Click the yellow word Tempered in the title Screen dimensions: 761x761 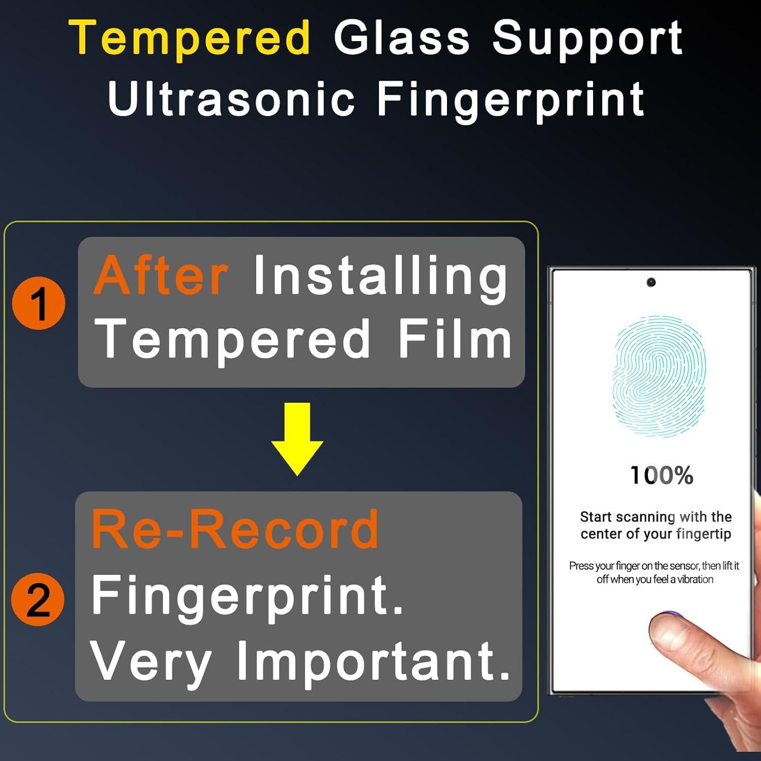[x=190, y=38]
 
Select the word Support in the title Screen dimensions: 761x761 [x=587, y=41]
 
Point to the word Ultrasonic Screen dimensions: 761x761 [x=231, y=98]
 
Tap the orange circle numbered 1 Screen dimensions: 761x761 [x=39, y=303]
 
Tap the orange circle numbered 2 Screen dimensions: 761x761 [x=38, y=599]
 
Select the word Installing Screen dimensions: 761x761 [x=380, y=279]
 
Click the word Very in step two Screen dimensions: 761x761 [x=151, y=662]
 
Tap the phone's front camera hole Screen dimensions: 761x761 [x=651, y=282]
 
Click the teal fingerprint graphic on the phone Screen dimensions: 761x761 [x=660, y=376]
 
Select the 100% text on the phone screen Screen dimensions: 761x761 [x=662, y=476]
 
